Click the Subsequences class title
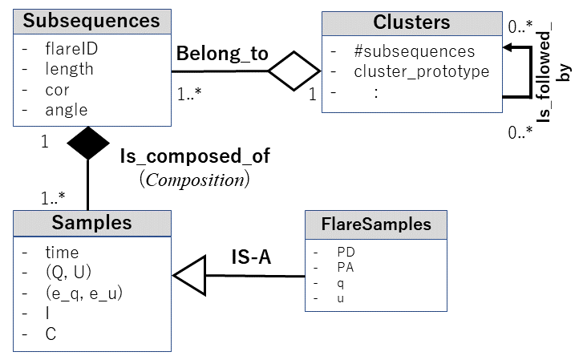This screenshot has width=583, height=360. click(x=92, y=21)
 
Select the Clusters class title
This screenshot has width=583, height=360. click(x=411, y=22)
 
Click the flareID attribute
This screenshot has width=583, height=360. click(x=71, y=49)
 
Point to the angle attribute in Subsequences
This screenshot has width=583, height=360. click(x=67, y=110)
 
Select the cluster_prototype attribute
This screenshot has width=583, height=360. click(x=421, y=71)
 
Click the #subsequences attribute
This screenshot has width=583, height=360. click(x=414, y=51)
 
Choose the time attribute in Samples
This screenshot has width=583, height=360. click(x=62, y=252)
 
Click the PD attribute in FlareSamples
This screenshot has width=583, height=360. click(x=346, y=251)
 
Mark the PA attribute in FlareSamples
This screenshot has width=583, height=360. click(x=346, y=267)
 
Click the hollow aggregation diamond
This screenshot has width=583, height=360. click(x=294, y=71)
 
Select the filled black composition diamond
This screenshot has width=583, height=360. click(x=87, y=144)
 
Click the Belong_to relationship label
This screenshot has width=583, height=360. click(x=222, y=55)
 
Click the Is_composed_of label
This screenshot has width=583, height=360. click(x=195, y=156)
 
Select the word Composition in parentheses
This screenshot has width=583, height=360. click(x=195, y=180)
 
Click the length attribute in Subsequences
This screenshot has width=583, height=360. click(x=69, y=69)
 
